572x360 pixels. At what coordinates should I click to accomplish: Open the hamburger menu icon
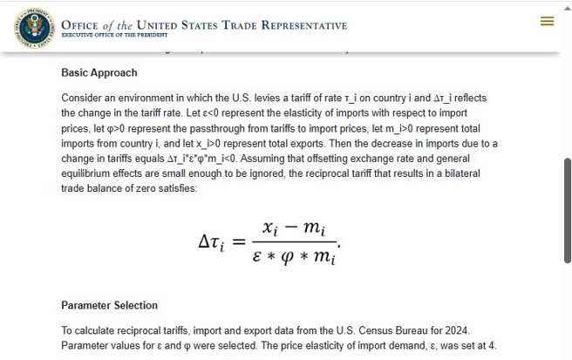point(547,21)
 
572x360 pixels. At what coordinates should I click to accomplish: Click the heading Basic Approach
point(99,72)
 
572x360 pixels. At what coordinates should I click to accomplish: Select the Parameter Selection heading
point(109,305)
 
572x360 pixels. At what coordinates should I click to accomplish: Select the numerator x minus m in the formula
point(294,228)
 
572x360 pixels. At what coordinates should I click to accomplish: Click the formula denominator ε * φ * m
point(294,255)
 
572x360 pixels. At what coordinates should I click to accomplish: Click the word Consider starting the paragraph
point(83,98)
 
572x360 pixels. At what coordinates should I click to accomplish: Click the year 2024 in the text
point(456,330)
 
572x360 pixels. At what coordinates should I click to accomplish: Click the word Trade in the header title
point(240,25)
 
